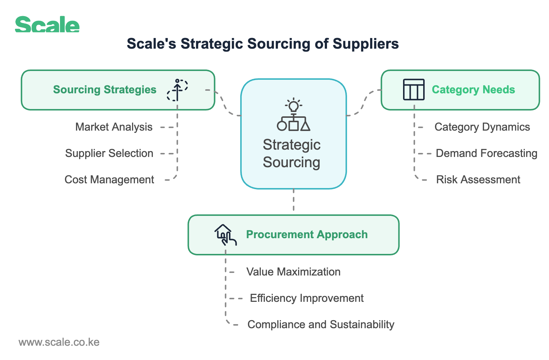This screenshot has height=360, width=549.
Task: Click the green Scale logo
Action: [47, 25]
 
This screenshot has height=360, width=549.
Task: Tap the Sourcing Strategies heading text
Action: [105, 90]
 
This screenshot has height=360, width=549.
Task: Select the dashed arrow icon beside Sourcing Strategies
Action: [177, 90]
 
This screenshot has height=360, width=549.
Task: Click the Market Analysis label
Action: [114, 127]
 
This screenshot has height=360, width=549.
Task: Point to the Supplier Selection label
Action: [109, 153]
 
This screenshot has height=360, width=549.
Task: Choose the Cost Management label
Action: [109, 180]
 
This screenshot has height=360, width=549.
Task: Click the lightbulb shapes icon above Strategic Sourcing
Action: [293, 115]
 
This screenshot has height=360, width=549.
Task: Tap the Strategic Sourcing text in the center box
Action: [292, 153]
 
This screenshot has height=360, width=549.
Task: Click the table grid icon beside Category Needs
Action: [414, 90]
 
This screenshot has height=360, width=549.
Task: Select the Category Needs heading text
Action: [473, 90]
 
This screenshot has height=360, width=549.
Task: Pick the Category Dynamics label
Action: [482, 127]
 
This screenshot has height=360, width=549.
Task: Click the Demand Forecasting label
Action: [486, 153]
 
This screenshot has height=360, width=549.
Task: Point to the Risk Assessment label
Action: [478, 180]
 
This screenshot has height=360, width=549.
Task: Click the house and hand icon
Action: [225, 235]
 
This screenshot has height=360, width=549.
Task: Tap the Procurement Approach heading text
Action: [307, 235]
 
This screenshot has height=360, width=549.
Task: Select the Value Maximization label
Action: [293, 272]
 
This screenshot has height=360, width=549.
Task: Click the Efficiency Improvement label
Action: [307, 298]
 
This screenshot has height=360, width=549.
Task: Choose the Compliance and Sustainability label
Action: [321, 325]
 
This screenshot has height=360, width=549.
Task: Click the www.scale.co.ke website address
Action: [59, 342]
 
